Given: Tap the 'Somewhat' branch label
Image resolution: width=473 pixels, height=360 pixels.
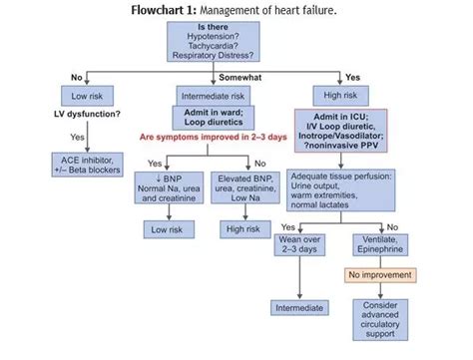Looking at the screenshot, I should (x=237, y=77).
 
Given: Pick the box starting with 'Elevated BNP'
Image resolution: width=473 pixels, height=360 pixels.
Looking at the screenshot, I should (x=242, y=185).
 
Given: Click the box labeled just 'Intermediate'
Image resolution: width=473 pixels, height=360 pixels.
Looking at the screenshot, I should (x=300, y=308).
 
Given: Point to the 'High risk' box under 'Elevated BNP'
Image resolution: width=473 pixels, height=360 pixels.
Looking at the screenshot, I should (x=242, y=229).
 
